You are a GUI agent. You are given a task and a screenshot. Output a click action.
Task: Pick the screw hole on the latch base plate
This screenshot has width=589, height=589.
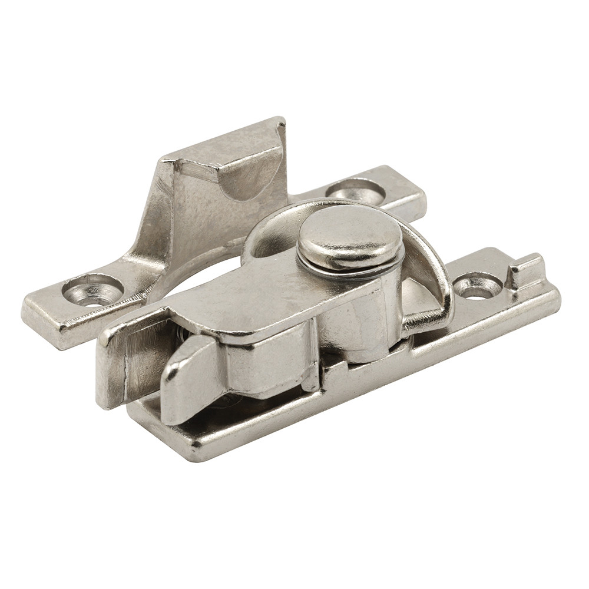pos(478,286)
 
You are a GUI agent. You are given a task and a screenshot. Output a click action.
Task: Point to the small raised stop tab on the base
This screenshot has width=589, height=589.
pos(525,269)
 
